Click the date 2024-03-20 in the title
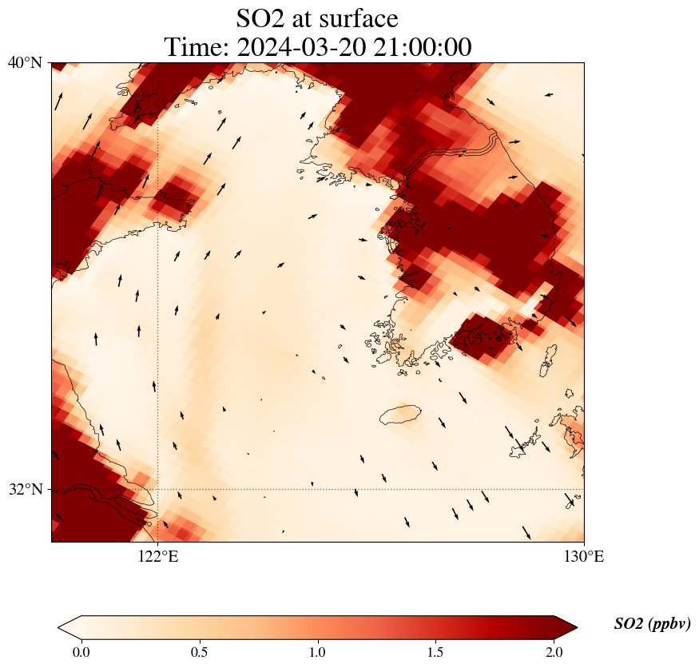coord(294,47)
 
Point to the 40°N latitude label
coord(26,62)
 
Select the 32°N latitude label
coord(26,489)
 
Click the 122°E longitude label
coord(157,557)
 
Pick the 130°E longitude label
coord(584,557)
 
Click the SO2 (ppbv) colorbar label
coord(652,624)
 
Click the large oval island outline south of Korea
coord(400,415)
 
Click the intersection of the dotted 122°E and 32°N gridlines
coord(157,489)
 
